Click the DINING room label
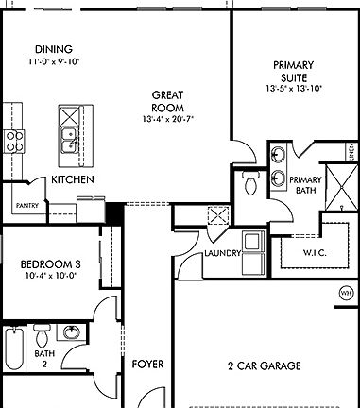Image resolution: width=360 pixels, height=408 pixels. pos(53,50)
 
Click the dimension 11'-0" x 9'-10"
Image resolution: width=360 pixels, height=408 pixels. pos(53,62)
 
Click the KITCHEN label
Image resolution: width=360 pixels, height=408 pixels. pos(72,179)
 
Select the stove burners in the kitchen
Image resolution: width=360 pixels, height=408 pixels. pos(15,142)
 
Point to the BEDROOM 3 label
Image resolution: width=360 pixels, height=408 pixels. pos(48,264)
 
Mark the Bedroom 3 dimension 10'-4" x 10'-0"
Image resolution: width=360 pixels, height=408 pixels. pos(48,278)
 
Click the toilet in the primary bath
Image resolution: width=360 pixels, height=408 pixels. pos(250,182)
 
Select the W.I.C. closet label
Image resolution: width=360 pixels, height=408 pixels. pos(315,252)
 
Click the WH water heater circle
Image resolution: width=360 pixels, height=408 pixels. pos(345,294)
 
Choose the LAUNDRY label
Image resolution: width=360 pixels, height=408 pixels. pos(223,254)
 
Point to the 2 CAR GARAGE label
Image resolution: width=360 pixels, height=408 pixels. pos(265,365)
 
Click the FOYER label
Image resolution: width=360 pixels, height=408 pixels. pos(147,364)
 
